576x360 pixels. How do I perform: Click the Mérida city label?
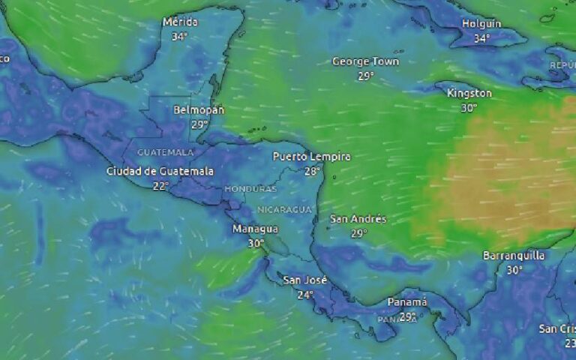click(180, 22)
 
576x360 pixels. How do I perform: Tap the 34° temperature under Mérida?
click(179, 36)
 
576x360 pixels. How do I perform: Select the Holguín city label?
click(481, 23)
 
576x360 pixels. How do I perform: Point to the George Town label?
click(365, 61)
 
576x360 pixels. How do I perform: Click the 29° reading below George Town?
click(365, 76)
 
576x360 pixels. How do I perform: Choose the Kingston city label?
click(469, 93)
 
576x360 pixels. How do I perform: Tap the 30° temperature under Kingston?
click(469, 107)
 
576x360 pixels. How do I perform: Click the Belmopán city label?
click(199, 109)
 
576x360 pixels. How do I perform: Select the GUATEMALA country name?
click(165, 152)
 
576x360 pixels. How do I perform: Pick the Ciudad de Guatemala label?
click(160, 171)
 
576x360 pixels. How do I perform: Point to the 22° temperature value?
click(160, 185)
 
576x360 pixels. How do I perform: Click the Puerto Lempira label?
click(311, 157)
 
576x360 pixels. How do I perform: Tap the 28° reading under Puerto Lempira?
click(312, 171)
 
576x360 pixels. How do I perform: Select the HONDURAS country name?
click(250, 189)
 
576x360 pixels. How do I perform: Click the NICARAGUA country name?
click(283, 209)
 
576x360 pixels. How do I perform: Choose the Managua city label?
click(255, 229)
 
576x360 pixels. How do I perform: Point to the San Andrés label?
click(358, 219)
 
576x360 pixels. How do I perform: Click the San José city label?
click(305, 280)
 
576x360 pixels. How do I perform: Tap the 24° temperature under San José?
click(305, 295)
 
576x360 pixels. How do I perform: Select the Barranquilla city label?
click(514, 256)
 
